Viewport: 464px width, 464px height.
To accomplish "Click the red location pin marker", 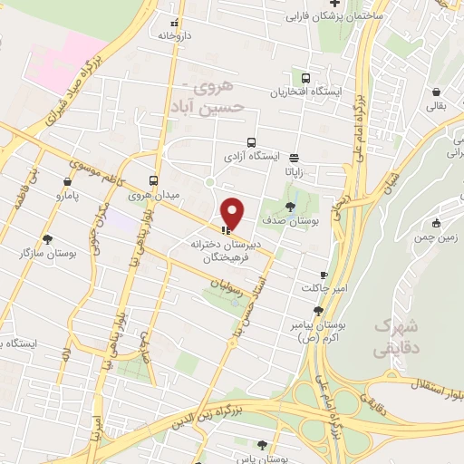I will coord(233,213).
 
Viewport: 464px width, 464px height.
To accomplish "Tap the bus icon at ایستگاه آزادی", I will coord(251,142).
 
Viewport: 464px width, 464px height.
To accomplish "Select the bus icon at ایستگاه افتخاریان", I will coord(306,79).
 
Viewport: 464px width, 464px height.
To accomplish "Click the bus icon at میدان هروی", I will coord(154,179).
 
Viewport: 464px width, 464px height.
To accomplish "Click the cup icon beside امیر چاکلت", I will coord(324,275).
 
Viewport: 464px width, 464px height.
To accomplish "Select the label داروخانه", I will coord(176,36).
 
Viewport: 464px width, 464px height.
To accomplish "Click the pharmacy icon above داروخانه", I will coord(176,23).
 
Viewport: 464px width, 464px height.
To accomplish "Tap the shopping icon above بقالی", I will coord(437,92).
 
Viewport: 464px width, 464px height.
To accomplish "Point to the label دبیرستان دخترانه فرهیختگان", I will coord(228,250).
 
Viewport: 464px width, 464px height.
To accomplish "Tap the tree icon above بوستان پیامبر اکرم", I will coord(316,311).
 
